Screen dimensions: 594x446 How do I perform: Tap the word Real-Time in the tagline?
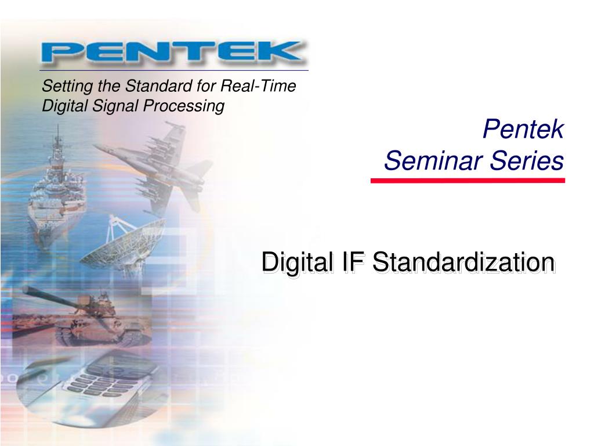tap(258, 86)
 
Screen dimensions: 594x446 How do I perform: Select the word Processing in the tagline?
tap(184, 106)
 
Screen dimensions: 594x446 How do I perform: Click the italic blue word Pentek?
tap(523, 130)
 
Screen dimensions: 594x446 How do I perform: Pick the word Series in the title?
tap(527, 160)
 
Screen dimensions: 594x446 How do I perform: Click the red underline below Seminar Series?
tap(468, 181)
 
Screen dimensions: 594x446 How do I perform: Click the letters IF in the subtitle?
tap(353, 262)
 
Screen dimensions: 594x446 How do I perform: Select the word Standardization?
tap(464, 262)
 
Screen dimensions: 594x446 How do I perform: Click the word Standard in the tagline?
tap(159, 86)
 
